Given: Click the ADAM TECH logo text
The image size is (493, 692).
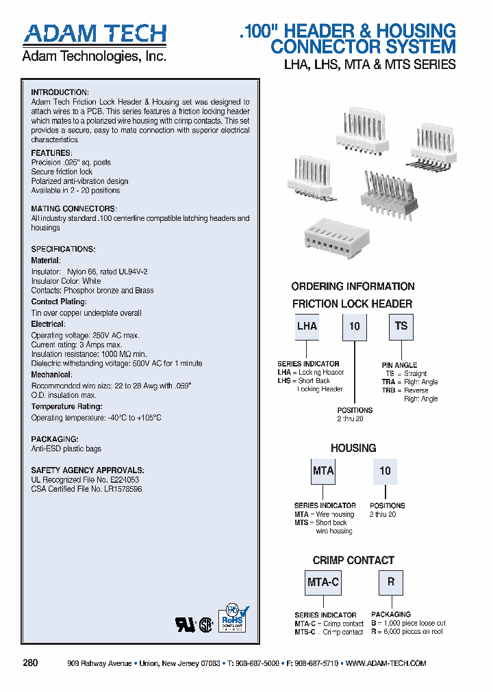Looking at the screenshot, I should [94, 34].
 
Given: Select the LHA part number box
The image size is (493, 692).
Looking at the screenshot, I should [307, 327].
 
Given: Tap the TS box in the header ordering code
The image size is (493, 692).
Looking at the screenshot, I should [401, 327].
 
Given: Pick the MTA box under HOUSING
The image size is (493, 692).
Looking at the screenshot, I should [323, 471].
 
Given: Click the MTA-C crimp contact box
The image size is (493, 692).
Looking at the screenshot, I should [323, 583].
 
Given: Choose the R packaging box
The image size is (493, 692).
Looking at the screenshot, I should [391, 583].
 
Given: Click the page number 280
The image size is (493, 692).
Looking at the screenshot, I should [30, 663].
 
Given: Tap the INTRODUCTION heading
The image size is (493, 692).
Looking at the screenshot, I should [60, 92].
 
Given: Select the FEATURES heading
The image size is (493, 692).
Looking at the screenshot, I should [51, 152].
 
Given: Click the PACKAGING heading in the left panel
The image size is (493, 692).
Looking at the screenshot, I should [54, 439].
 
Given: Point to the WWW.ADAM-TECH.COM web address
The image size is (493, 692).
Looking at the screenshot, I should [386, 663].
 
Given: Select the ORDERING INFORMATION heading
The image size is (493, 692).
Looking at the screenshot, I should [353, 287].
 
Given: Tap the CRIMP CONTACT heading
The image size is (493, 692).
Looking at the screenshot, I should [353, 561].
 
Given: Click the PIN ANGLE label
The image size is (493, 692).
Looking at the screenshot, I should [399, 365].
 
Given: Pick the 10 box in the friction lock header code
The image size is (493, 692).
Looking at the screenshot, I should [354, 327].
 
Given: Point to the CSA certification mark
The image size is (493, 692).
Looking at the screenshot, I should [205, 624].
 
